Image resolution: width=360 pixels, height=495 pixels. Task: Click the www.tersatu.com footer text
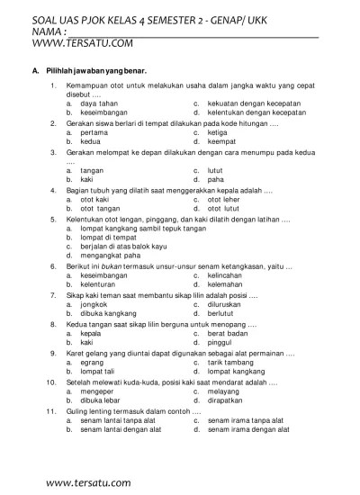point(88,482)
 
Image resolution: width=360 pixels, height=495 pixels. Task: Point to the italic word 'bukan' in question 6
point(107,265)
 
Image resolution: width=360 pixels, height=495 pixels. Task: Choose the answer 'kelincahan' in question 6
point(226,274)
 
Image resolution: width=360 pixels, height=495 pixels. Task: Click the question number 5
point(53,218)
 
